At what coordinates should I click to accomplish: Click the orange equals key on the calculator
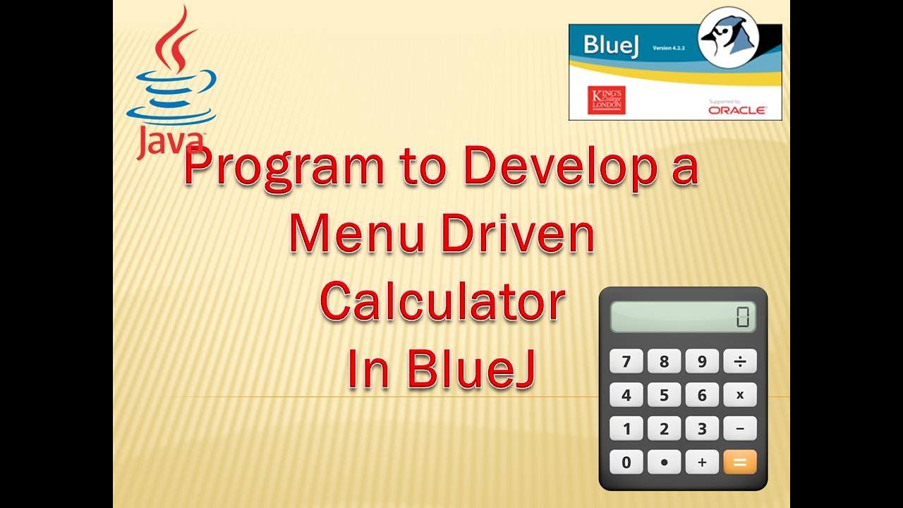(739, 462)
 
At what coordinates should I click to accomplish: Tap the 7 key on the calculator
(626, 361)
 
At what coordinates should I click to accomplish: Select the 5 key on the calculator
(664, 395)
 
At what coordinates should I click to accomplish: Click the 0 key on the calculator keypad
(626, 462)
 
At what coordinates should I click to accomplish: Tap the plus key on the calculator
(702, 462)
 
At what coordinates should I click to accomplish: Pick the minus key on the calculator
(739, 428)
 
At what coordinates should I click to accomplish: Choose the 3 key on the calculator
(702, 428)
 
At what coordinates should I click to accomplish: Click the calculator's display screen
(682, 317)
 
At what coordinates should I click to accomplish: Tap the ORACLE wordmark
(737, 111)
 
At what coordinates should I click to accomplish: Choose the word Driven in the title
(517, 236)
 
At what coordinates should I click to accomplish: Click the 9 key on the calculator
(702, 361)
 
